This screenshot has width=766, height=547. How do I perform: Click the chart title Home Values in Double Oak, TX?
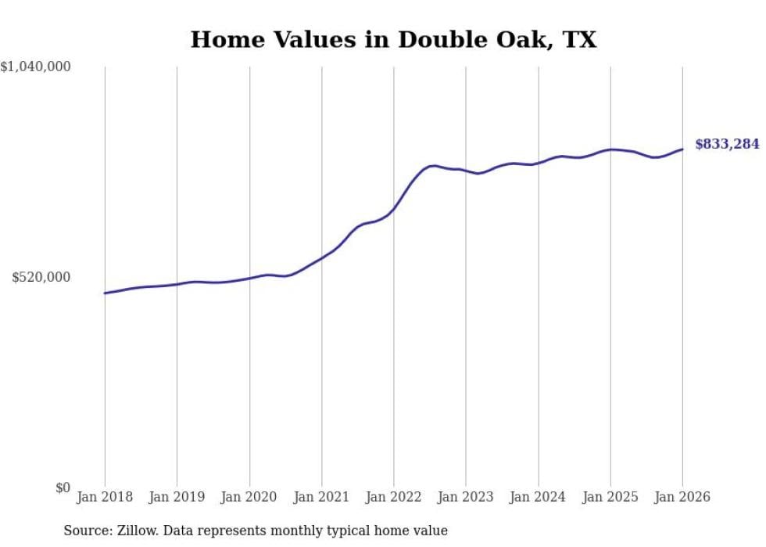pyautogui.click(x=393, y=40)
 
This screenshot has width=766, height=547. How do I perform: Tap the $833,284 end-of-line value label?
pyautogui.click(x=727, y=144)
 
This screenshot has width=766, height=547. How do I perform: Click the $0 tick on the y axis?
pyautogui.click(x=63, y=488)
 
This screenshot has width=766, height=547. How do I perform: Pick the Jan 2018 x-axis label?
pyautogui.click(x=105, y=497)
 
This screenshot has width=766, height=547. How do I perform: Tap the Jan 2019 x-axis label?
pyautogui.click(x=177, y=497)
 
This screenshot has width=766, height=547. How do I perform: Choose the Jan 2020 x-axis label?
pyautogui.click(x=249, y=497)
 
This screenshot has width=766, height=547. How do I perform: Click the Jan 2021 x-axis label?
pyautogui.click(x=321, y=497)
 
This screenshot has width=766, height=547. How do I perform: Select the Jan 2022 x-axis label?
pyautogui.click(x=394, y=497)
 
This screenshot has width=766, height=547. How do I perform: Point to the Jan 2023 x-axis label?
pyautogui.click(x=466, y=497)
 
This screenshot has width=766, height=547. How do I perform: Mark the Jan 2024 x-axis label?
pyautogui.click(x=539, y=497)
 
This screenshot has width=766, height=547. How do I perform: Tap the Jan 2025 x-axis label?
pyautogui.click(x=610, y=497)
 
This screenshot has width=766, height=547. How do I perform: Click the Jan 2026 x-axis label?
pyautogui.click(x=682, y=497)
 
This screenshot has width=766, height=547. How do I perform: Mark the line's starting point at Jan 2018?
pyautogui.click(x=105, y=293)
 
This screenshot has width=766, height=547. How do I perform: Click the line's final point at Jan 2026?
pyautogui.click(x=682, y=149)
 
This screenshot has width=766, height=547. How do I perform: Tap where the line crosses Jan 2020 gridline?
pyautogui.click(x=249, y=278)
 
